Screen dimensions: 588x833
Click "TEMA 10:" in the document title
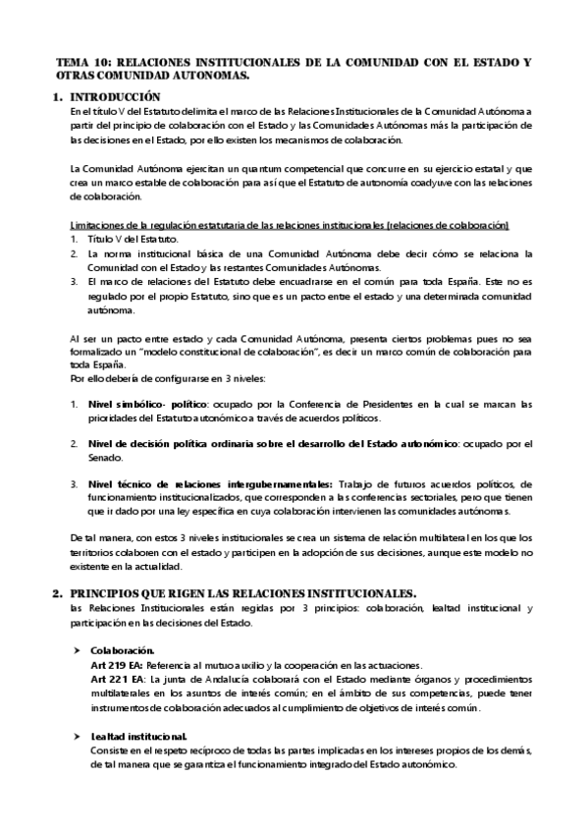(x=81, y=62)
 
